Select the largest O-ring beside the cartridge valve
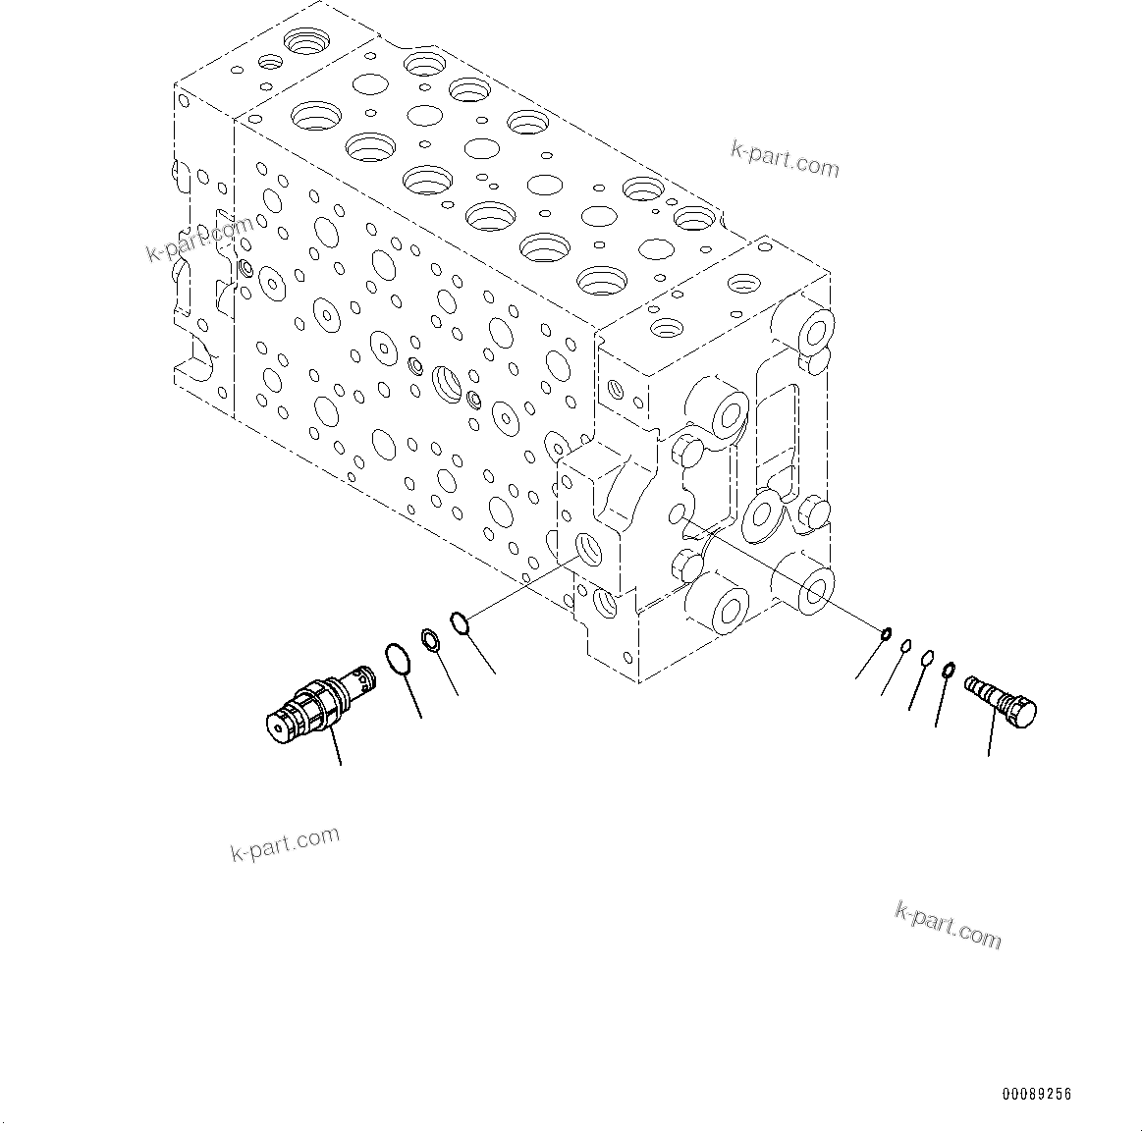[x=397, y=659]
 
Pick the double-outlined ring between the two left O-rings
[x=430, y=639]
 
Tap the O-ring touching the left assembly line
[x=460, y=621]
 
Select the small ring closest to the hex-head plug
[x=949, y=671]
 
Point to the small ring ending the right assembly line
[x=885, y=634]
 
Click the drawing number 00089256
[x=1037, y=1094]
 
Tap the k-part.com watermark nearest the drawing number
[x=948, y=925]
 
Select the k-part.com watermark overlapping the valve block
[x=199, y=240]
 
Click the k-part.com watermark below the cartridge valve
[x=285, y=843]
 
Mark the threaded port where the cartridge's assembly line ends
[x=591, y=549]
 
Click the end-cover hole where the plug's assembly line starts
[x=678, y=514]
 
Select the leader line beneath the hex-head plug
[x=992, y=736]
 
